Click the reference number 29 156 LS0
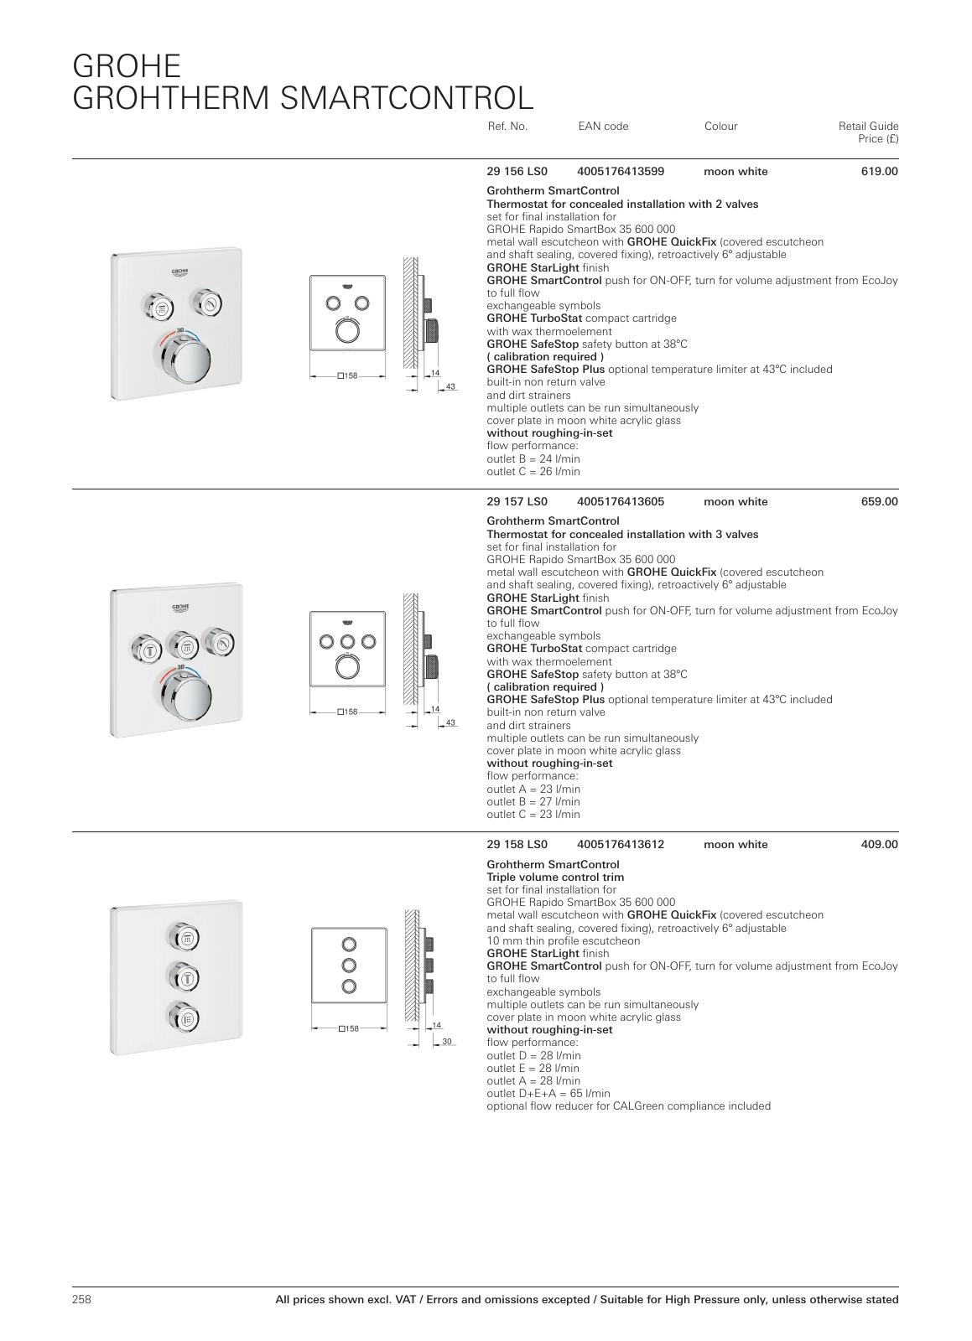[x=517, y=172]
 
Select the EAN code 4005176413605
[x=620, y=502]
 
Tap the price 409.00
[x=879, y=845]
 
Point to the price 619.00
[x=879, y=172]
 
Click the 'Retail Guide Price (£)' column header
[x=868, y=132]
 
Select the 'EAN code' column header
[x=603, y=127]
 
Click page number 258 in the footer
[x=81, y=1300]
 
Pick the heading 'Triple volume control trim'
[x=555, y=878]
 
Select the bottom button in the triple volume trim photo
[x=184, y=1018]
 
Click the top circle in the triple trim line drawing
[x=349, y=945]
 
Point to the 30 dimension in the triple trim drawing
[x=447, y=1042]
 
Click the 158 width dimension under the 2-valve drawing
[x=348, y=376]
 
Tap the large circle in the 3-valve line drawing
[x=348, y=667]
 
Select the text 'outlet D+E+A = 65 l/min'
[x=548, y=1094]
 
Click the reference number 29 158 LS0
[x=517, y=845]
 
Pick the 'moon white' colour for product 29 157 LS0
[x=735, y=502]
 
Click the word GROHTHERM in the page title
[x=172, y=99]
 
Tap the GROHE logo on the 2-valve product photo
[x=179, y=272]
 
